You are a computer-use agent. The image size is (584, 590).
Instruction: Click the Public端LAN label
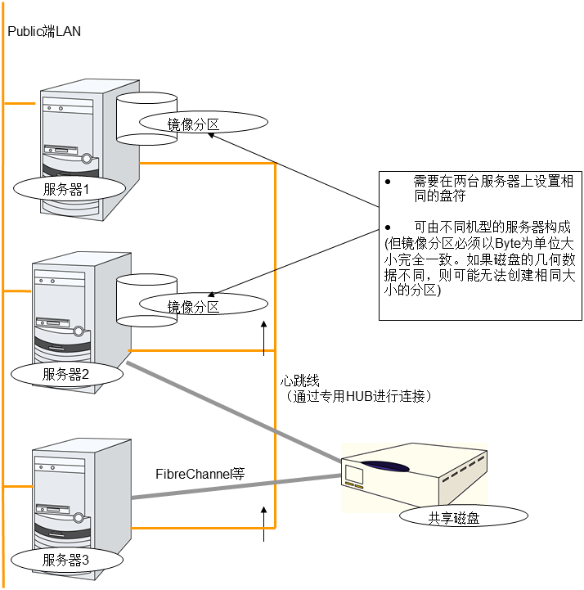point(44,31)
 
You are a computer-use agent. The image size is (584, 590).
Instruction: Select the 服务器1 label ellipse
point(70,188)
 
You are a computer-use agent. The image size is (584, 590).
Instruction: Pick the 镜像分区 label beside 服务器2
point(193,307)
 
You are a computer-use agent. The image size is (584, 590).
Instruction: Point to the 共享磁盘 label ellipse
point(455,516)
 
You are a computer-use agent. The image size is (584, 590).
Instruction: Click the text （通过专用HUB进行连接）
point(355,396)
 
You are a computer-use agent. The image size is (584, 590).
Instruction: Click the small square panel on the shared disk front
point(354,475)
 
